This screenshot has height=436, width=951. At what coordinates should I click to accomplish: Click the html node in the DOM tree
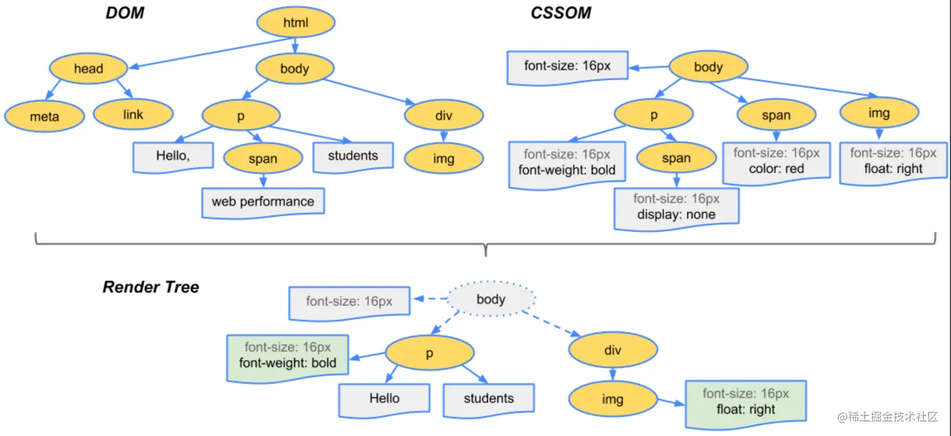pyautogui.click(x=296, y=23)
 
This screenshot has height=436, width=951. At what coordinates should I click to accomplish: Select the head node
pyautogui.click(x=89, y=69)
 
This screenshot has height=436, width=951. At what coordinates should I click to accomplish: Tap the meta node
pyautogui.click(x=44, y=116)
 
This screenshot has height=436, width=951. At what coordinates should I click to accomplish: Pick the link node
pyautogui.click(x=133, y=115)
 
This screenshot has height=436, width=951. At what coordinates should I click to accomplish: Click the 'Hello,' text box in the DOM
pyautogui.click(x=172, y=155)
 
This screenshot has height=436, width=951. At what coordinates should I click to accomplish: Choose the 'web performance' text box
pyautogui.click(x=263, y=202)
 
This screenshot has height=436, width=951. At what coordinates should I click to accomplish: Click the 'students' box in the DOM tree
pyautogui.click(x=353, y=155)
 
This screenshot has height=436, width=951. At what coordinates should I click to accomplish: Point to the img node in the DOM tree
pyautogui.click(x=443, y=159)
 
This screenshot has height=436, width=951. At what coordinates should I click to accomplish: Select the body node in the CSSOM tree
pyautogui.click(x=708, y=67)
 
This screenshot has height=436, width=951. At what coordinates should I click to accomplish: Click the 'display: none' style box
pyautogui.click(x=676, y=206)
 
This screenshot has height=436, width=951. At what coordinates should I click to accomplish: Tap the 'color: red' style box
pyautogui.click(x=776, y=162)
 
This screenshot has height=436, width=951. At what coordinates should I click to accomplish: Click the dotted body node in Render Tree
pyautogui.click(x=491, y=299)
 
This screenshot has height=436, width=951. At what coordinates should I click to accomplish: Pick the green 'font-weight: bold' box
pyautogui.click(x=287, y=355)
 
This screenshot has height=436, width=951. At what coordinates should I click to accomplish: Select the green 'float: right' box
pyautogui.click(x=745, y=402)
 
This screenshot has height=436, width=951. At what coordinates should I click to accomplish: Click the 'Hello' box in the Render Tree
pyautogui.click(x=384, y=399)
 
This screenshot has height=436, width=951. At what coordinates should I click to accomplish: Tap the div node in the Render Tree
pyautogui.click(x=612, y=350)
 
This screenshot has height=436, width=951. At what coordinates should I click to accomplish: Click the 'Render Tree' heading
pyautogui.click(x=150, y=288)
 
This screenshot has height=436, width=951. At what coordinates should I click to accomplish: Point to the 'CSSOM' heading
pyautogui.click(x=560, y=13)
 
